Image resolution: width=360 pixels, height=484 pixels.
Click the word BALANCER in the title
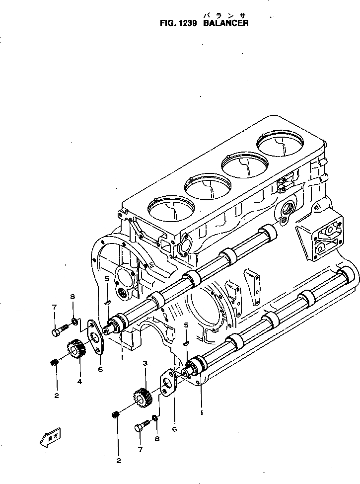coord(226,23)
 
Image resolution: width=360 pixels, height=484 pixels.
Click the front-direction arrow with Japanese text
coord(49,439)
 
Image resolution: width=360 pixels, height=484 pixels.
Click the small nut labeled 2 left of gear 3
coord(116,414)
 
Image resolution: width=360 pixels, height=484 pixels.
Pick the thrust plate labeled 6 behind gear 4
coord(94,337)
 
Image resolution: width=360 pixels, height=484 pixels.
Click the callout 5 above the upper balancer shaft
coord(107,280)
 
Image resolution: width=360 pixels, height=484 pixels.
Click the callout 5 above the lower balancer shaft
coord(186,325)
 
